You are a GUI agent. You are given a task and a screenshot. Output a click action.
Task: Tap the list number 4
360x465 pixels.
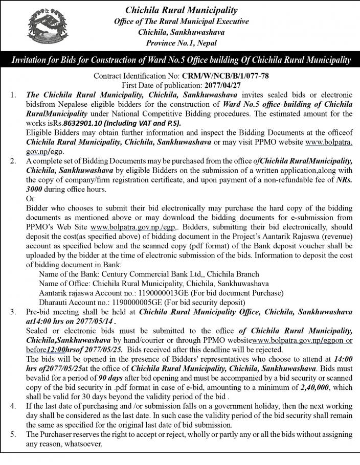[14, 406]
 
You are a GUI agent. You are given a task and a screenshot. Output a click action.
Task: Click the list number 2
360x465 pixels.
[14, 161]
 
